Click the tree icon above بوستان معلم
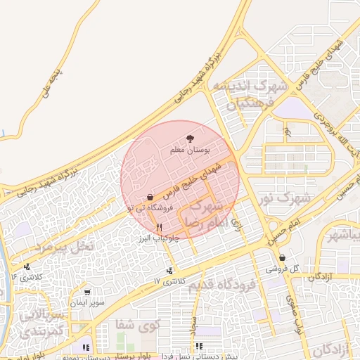pos(188,139)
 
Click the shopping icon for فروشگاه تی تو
pos(150,198)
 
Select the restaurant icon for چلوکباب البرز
pos(160,227)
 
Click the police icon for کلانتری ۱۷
pos(169,271)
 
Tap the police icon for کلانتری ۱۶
pos(27,266)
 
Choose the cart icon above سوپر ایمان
pos(86,292)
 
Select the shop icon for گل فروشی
pos(282,257)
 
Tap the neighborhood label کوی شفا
pos(138,324)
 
